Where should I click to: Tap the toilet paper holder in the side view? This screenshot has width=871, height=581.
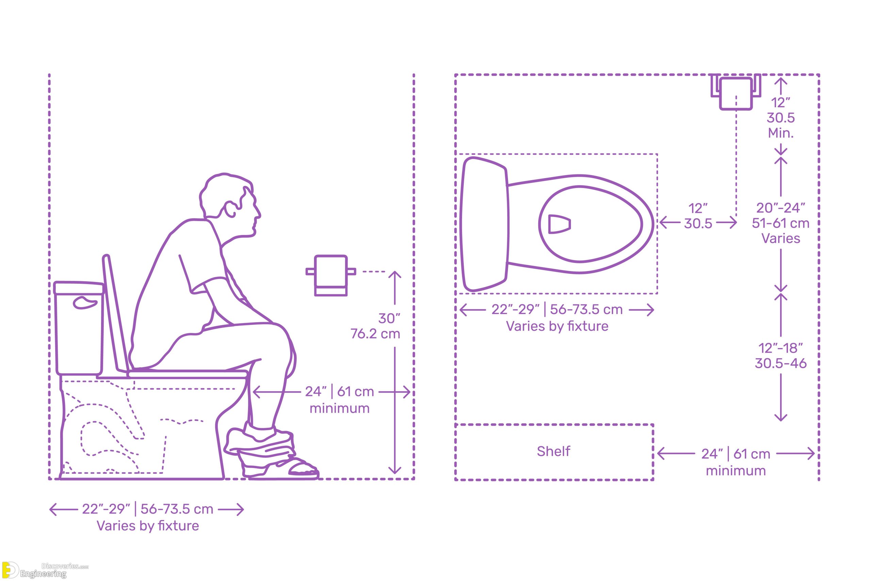pyautogui.click(x=331, y=275)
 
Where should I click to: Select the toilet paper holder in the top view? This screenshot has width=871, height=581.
pyautogui.click(x=736, y=92)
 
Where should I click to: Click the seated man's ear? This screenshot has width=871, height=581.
pyautogui.click(x=231, y=209)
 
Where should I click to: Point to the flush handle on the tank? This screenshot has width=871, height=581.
pyautogui.click(x=85, y=302)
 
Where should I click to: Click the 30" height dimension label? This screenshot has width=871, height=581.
pyautogui.click(x=389, y=318)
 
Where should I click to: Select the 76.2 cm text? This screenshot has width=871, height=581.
pyautogui.click(x=375, y=334)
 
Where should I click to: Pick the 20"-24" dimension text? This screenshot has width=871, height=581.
pyautogui.click(x=780, y=208)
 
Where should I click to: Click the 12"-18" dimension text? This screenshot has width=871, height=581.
pyautogui.click(x=780, y=348)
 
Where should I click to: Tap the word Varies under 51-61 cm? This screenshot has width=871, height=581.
pyautogui.click(x=780, y=238)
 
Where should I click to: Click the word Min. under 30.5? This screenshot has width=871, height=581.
pyautogui.click(x=780, y=133)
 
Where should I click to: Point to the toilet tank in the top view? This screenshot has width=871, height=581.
pyautogui.click(x=484, y=224)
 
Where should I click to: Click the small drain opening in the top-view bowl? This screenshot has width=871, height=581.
pyautogui.click(x=559, y=224)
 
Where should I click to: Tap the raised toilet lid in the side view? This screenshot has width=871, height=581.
pyautogui.click(x=115, y=313)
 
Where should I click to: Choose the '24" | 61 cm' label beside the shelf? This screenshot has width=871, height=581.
pyautogui.click(x=735, y=454)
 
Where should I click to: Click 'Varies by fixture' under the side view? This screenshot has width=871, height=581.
pyautogui.click(x=148, y=525)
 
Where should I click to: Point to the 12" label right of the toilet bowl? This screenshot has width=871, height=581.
pyautogui.click(x=697, y=208)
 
